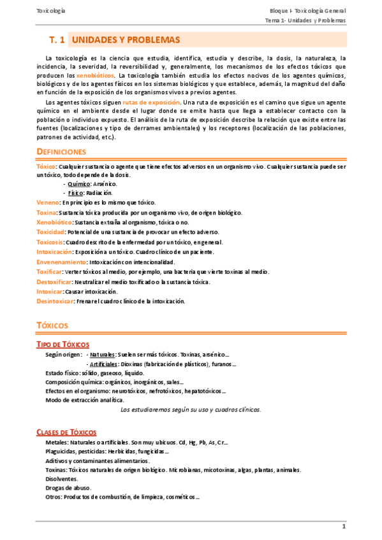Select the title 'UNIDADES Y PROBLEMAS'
pyautogui.click(x=126, y=40)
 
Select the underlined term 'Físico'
pyautogui.click(x=76, y=192)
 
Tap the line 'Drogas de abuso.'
pyautogui.click(x=68, y=488)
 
